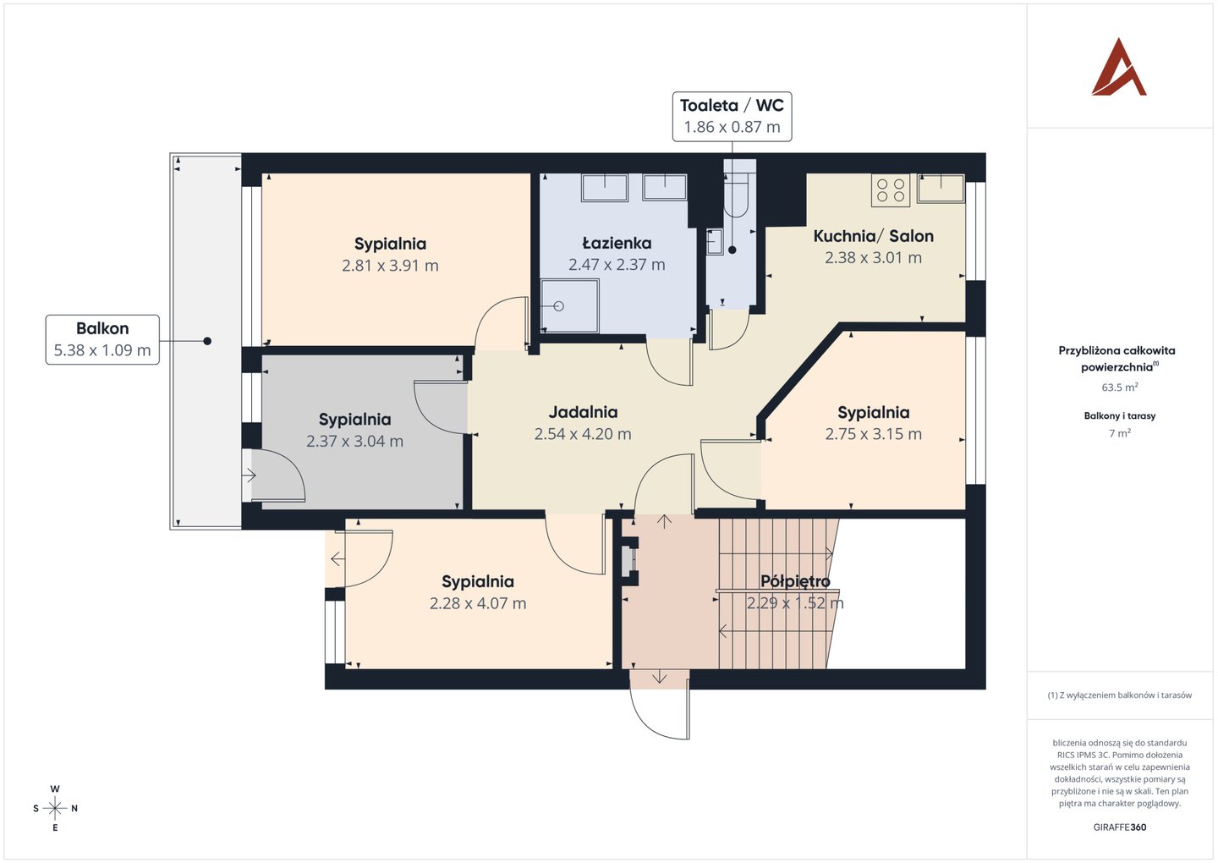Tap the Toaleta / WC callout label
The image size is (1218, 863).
(x=732, y=117)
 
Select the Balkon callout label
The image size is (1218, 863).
(x=102, y=339)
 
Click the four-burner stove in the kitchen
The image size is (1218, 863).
(x=890, y=190)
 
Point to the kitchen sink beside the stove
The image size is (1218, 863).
(x=941, y=188)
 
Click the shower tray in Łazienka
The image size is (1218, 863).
(x=569, y=305)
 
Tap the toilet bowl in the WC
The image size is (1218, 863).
(x=736, y=195)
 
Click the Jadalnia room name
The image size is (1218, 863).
(x=583, y=412)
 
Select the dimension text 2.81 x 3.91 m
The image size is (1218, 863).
(x=390, y=266)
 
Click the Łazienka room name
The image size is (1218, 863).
(x=617, y=243)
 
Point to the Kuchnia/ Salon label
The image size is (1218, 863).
(x=873, y=236)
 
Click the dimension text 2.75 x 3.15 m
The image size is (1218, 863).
(x=873, y=434)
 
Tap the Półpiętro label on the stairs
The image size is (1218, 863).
(x=795, y=582)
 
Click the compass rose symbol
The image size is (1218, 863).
(x=55, y=808)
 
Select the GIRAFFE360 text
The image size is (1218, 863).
(x=1120, y=827)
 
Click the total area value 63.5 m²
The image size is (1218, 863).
(x=1120, y=388)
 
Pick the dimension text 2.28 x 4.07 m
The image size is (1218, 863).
(x=478, y=603)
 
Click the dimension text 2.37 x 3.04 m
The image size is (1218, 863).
(x=354, y=441)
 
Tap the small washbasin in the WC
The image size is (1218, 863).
(x=715, y=241)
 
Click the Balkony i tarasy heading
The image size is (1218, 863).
(x=1120, y=416)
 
